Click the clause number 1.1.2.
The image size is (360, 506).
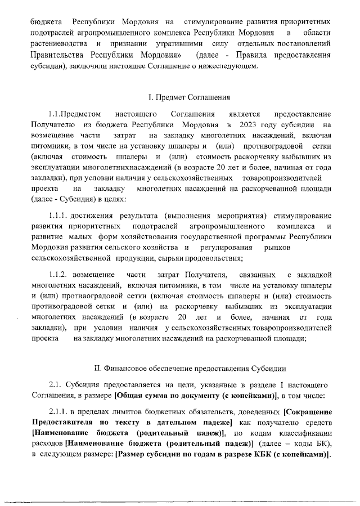pyautogui.click(x=58, y=274)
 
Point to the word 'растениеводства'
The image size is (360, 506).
pyautogui.click(x=59, y=43)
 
